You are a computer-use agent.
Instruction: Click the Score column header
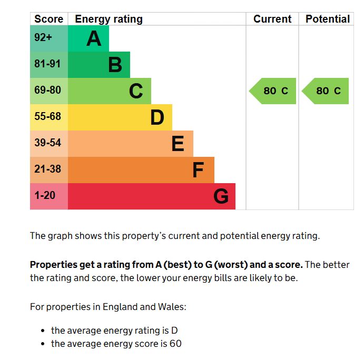49,19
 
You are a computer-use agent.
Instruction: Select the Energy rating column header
109,19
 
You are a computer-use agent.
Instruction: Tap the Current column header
272,19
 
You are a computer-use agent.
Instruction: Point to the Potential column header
328,19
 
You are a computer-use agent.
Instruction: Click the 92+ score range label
43,37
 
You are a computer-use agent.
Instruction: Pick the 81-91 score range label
47,64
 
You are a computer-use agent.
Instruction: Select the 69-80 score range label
47,90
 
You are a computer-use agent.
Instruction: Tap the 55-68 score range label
47,116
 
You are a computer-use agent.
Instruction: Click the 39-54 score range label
47,143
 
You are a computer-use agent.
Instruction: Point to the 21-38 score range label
47,169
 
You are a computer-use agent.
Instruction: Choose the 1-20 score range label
45,195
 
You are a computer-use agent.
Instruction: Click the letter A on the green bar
94,38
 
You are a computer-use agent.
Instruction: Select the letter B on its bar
115,65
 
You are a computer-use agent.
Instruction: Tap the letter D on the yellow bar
157,117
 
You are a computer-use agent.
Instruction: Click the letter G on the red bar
221,196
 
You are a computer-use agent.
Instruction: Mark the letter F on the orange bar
198,170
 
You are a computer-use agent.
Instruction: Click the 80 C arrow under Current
272,91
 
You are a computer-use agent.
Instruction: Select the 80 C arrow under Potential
325,91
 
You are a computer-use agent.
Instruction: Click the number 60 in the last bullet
175,344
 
